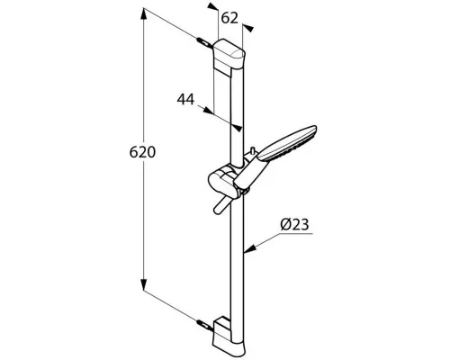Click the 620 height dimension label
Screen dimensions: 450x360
142,152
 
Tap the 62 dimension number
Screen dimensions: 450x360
229,18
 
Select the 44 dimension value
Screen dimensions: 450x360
185,99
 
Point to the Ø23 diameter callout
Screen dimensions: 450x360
294,225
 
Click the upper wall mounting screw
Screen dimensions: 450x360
204,42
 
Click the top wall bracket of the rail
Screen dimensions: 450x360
229,54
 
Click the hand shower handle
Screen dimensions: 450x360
250,174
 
